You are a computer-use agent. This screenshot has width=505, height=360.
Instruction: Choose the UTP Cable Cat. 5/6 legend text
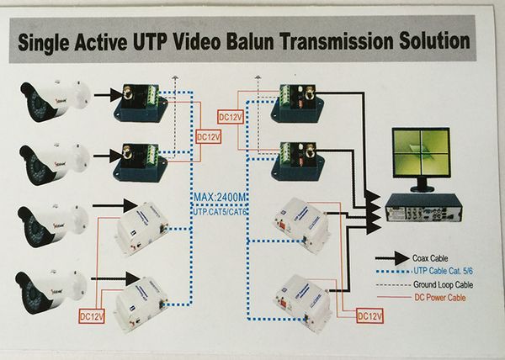point(448,272)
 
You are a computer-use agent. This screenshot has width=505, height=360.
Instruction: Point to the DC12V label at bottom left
point(92,315)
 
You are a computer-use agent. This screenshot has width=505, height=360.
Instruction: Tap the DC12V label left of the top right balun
point(230,116)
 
